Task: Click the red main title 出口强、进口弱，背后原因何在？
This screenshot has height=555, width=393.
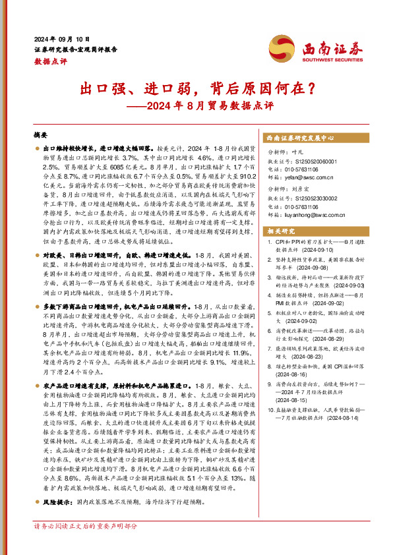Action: click(196, 86)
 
